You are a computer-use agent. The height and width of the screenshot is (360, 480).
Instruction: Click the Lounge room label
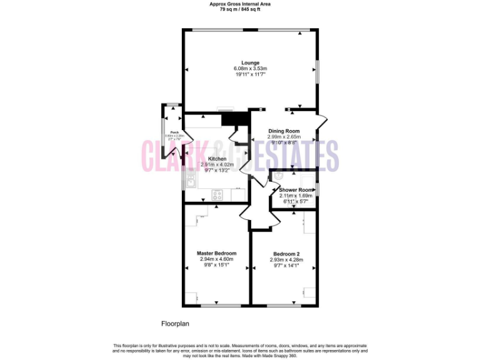[x=250, y=62]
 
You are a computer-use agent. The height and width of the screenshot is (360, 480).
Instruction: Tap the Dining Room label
[x=284, y=131]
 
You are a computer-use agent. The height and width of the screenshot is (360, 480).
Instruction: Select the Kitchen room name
[x=217, y=159]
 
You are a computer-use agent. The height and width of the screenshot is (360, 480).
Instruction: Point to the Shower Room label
[x=296, y=190]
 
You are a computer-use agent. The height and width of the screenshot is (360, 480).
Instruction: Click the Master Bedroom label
[x=216, y=252]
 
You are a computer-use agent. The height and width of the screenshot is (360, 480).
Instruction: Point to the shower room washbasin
[x=277, y=176]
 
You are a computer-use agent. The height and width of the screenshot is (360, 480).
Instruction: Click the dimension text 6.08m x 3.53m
[x=250, y=69]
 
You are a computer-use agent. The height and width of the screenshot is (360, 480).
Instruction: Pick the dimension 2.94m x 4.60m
[x=216, y=259]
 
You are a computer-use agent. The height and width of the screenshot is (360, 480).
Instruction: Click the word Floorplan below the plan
[x=175, y=324]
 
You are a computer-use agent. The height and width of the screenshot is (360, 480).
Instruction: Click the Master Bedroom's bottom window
[x=216, y=306]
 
